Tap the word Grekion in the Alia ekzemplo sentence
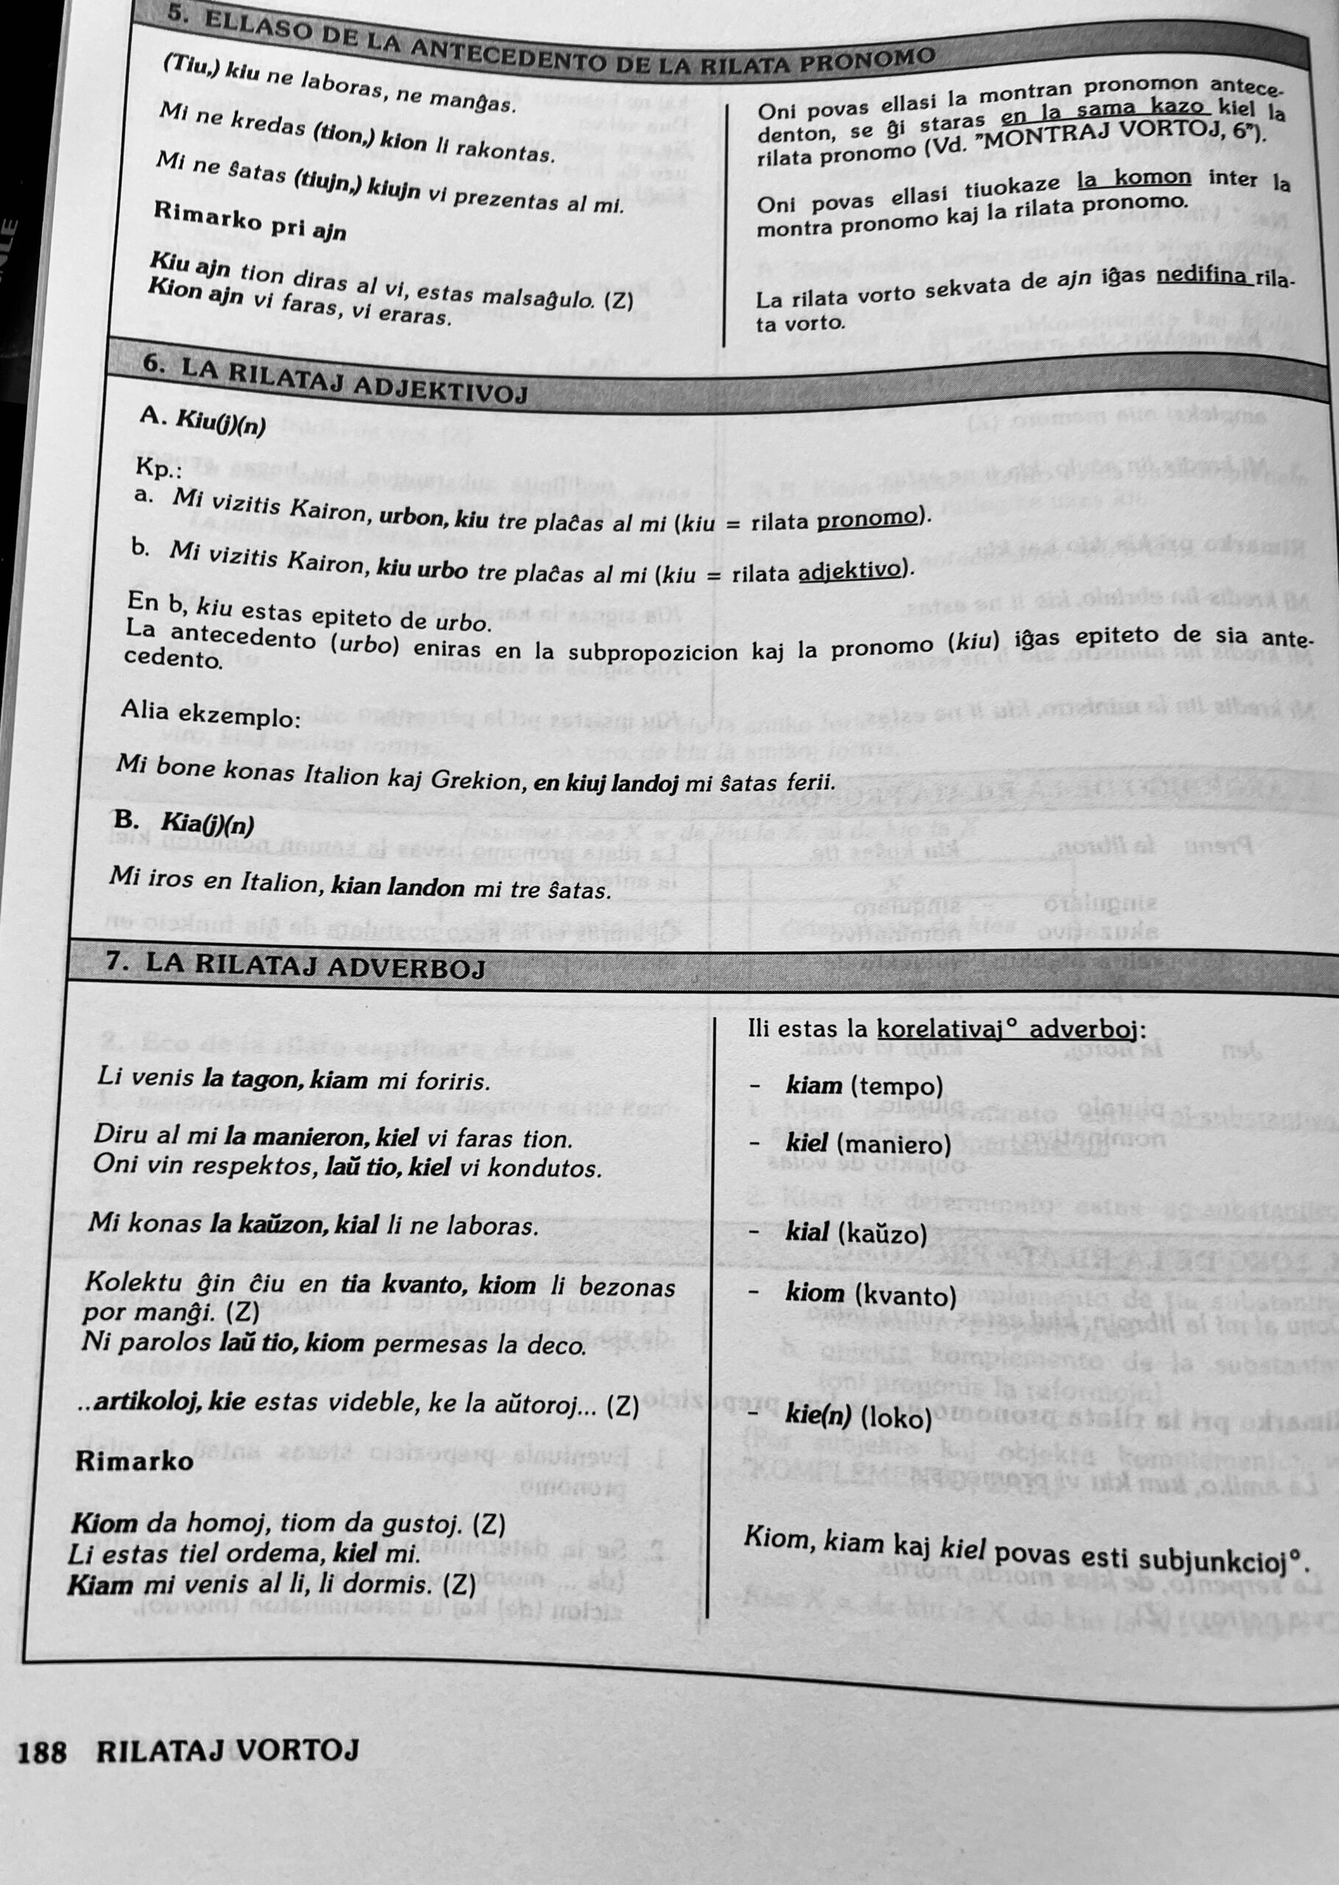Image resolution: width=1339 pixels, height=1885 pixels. coord(477,778)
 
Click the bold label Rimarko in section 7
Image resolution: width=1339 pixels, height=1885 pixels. coord(134,1462)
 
